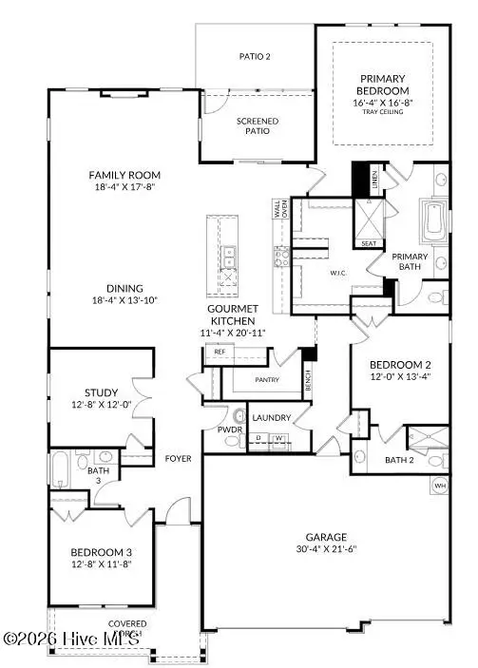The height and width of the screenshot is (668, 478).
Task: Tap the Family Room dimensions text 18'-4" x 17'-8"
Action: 124,188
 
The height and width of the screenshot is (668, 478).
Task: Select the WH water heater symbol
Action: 439,487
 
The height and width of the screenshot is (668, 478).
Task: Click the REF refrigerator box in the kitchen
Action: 220,352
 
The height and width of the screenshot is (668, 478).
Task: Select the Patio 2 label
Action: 255,57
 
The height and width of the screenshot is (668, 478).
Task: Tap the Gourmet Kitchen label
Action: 234,316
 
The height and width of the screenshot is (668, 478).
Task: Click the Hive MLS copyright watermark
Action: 71,640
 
